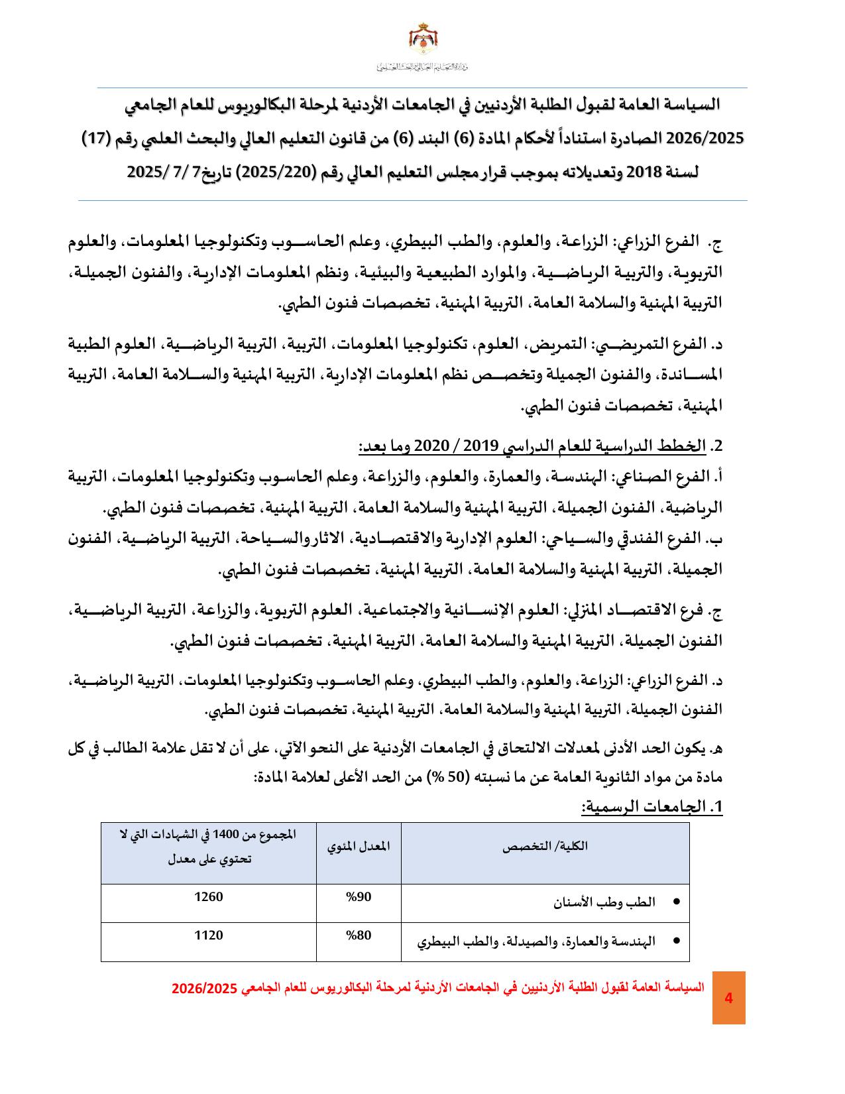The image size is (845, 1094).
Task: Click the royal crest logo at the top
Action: [422, 40]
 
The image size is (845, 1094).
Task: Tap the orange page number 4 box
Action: [728, 997]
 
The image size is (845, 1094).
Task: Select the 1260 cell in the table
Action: [208, 897]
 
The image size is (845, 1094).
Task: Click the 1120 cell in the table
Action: [208, 936]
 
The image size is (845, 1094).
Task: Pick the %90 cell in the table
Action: [359, 897]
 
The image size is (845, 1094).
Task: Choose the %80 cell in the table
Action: [359, 936]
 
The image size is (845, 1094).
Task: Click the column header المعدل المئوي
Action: [359, 847]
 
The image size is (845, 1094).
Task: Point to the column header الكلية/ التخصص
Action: [545, 847]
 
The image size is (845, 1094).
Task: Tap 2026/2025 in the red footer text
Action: [204, 988]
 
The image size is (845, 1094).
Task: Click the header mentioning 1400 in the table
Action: [208, 847]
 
